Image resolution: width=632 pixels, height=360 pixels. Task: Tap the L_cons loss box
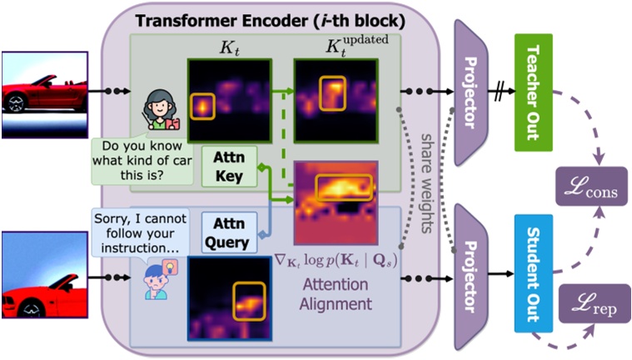click(x=592, y=185)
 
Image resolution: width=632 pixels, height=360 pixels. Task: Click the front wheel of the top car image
click(x=14, y=102)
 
